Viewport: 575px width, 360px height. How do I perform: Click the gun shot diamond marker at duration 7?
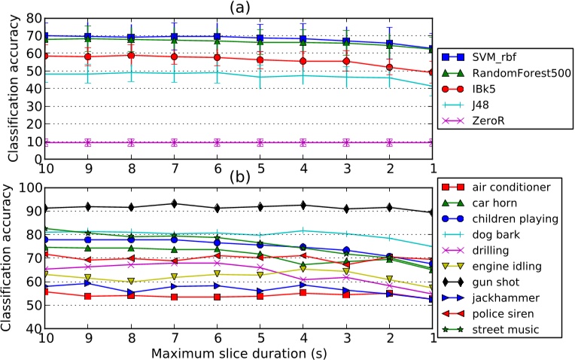point(175,203)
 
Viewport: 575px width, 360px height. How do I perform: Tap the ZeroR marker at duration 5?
point(260,142)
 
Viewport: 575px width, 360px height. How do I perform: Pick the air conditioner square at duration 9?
point(88,296)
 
